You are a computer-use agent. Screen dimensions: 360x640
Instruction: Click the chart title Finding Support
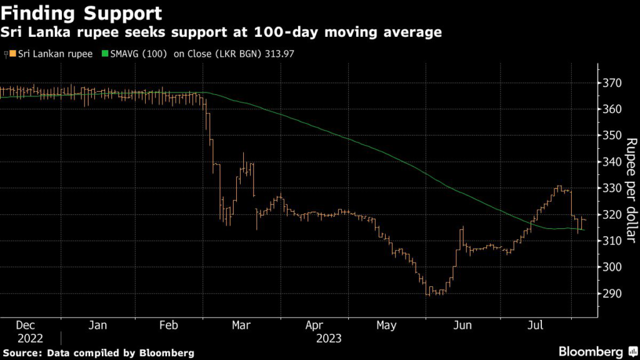point(82,12)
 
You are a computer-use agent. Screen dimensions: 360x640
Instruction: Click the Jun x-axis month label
point(462,325)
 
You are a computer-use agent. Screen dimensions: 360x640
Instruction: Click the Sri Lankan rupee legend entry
point(52,54)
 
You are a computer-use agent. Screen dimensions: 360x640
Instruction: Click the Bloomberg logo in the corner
point(592,351)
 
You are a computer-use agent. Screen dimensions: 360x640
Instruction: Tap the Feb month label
point(169,325)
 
